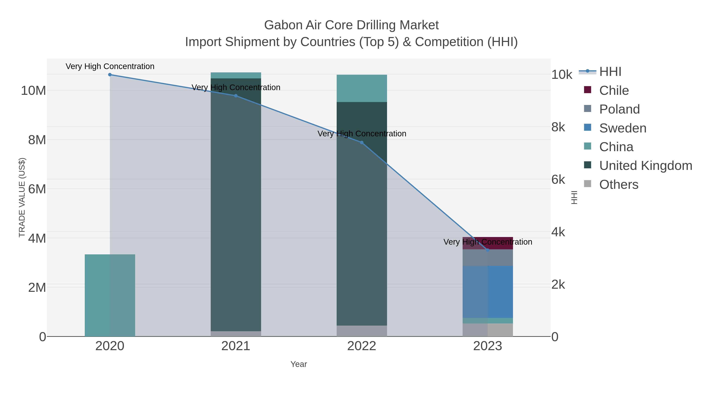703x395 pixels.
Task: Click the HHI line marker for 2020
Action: [110, 75]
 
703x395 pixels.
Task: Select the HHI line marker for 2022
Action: [362, 142]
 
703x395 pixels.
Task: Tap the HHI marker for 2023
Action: [488, 250]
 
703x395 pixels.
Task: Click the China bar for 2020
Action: [110, 295]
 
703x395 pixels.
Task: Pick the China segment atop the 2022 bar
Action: [362, 88]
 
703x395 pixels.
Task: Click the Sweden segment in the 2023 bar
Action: [488, 292]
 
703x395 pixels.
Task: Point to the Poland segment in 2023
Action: [488, 258]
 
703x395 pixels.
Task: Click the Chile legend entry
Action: [614, 90]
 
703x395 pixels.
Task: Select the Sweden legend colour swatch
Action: [588, 127]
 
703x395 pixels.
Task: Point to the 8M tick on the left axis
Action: [37, 140]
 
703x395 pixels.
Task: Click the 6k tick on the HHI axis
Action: [558, 180]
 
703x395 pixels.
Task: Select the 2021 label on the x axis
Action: [236, 346]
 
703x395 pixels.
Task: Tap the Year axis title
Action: [299, 364]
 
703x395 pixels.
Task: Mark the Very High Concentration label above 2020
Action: [110, 66]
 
